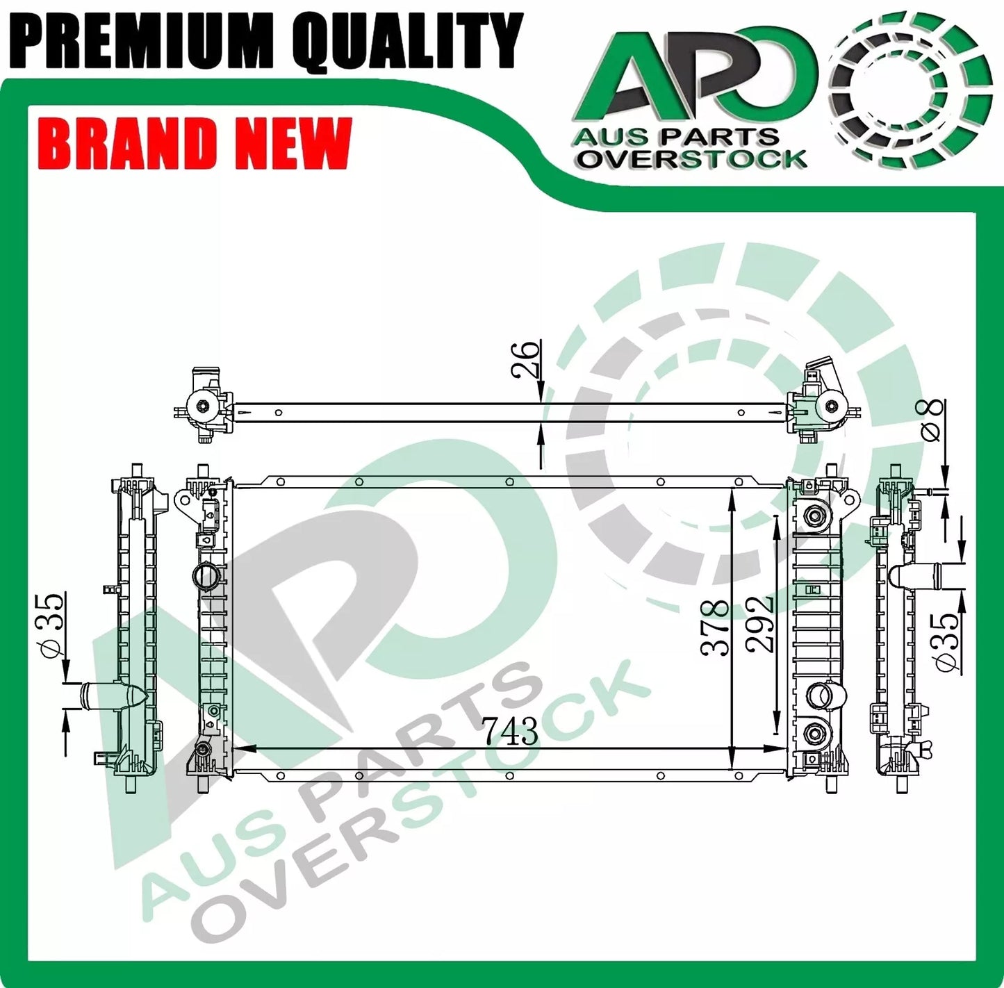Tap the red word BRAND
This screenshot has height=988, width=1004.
click(x=129, y=144)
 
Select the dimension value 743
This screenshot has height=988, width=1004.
click(x=511, y=731)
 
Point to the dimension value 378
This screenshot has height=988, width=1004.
click(x=715, y=629)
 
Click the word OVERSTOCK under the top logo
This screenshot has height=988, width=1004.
click(x=692, y=159)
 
